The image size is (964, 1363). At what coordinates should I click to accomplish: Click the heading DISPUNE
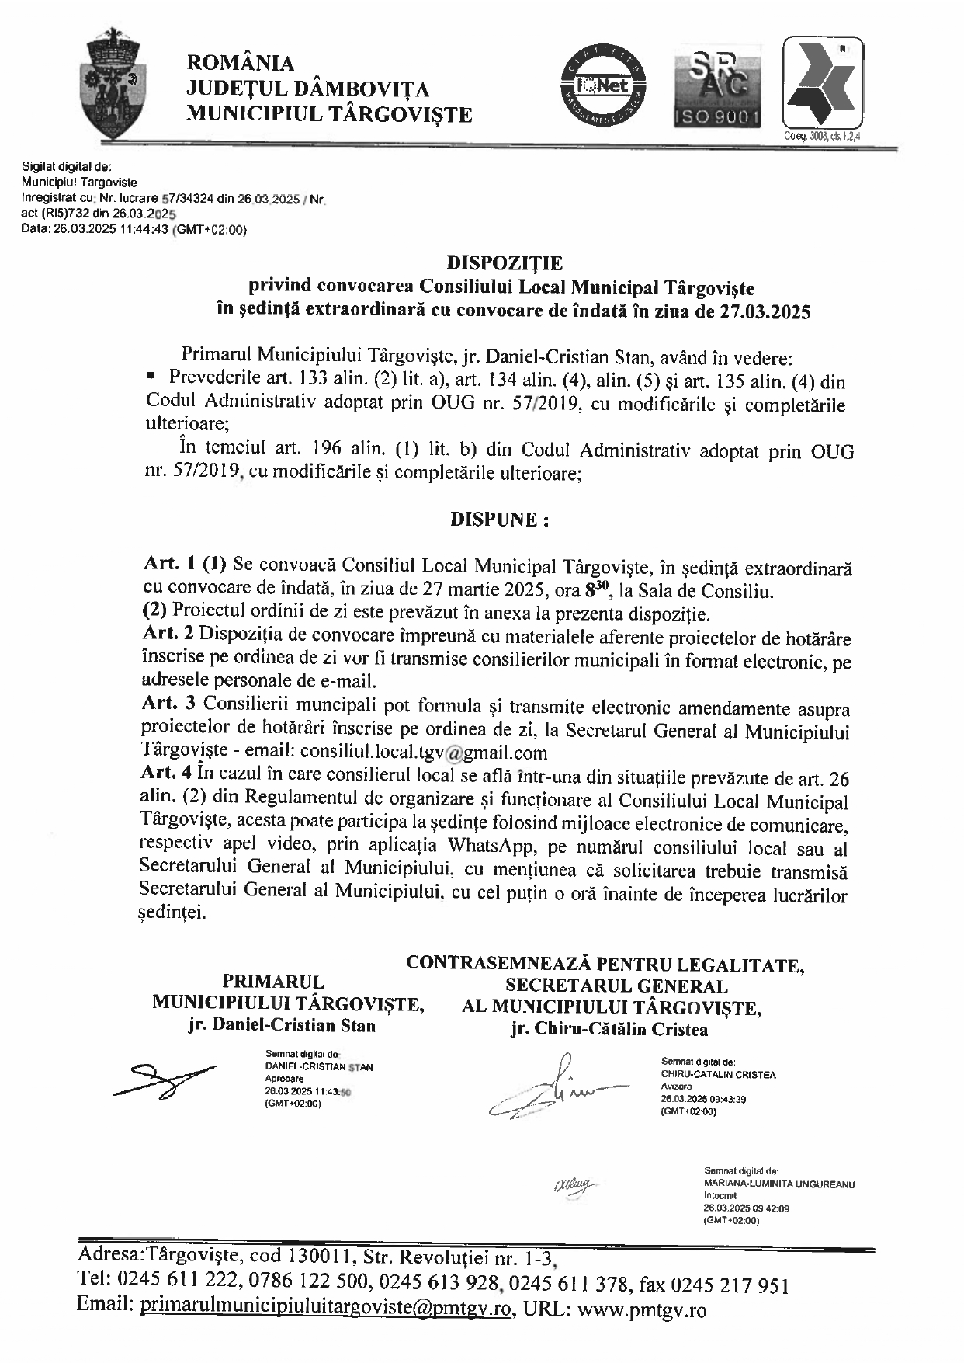(500, 520)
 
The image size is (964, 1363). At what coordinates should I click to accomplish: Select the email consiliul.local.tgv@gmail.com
(424, 752)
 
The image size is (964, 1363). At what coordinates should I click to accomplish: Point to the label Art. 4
(168, 774)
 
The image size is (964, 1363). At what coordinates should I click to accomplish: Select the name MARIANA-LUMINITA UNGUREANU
(779, 1185)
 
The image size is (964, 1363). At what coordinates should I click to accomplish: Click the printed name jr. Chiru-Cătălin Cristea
(609, 1030)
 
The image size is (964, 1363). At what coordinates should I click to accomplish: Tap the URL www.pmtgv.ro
(643, 1310)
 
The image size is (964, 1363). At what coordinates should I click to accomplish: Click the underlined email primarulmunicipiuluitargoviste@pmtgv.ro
(326, 1309)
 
